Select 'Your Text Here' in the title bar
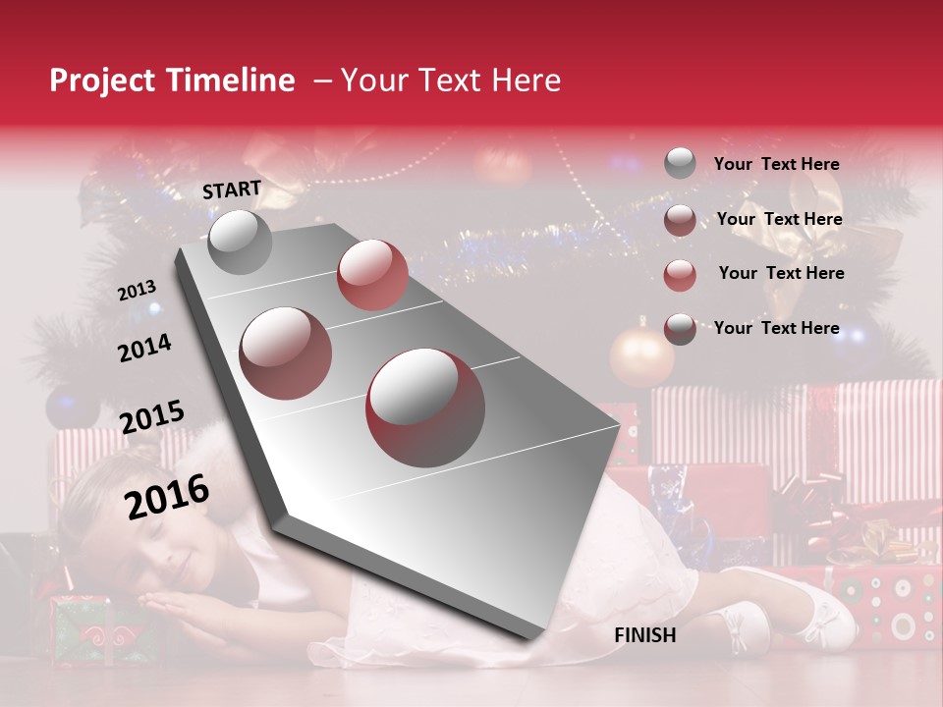coord(450,81)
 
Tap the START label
coord(232,190)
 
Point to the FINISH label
coord(644,635)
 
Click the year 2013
coord(137,291)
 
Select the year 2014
coord(144,349)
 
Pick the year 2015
coord(151,417)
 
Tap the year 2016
coord(167,496)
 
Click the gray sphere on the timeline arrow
coord(240,243)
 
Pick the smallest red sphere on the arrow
coord(371,274)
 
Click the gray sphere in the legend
coord(680,163)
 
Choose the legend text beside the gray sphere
coord(776,165)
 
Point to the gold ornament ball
coord(641,356)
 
